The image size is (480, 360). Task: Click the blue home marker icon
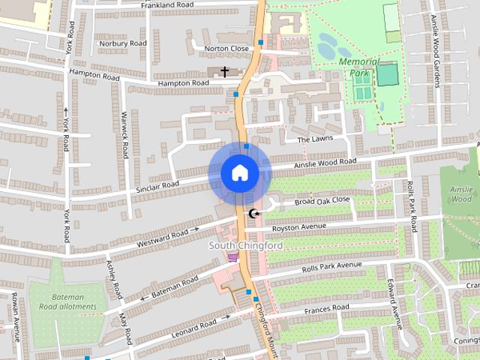point(239,173)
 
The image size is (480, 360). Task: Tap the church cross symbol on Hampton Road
point(224,71)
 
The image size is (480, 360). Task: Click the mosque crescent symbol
point(254,215)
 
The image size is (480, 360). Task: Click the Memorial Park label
point(359,67)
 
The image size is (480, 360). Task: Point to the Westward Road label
point(162,239)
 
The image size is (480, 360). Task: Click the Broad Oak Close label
point(322,201)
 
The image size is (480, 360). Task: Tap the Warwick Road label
point(125,135)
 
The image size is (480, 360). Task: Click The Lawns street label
point(313,139)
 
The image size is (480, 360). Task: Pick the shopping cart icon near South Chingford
point(232,257)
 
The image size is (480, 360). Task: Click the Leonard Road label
point(194,328)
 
